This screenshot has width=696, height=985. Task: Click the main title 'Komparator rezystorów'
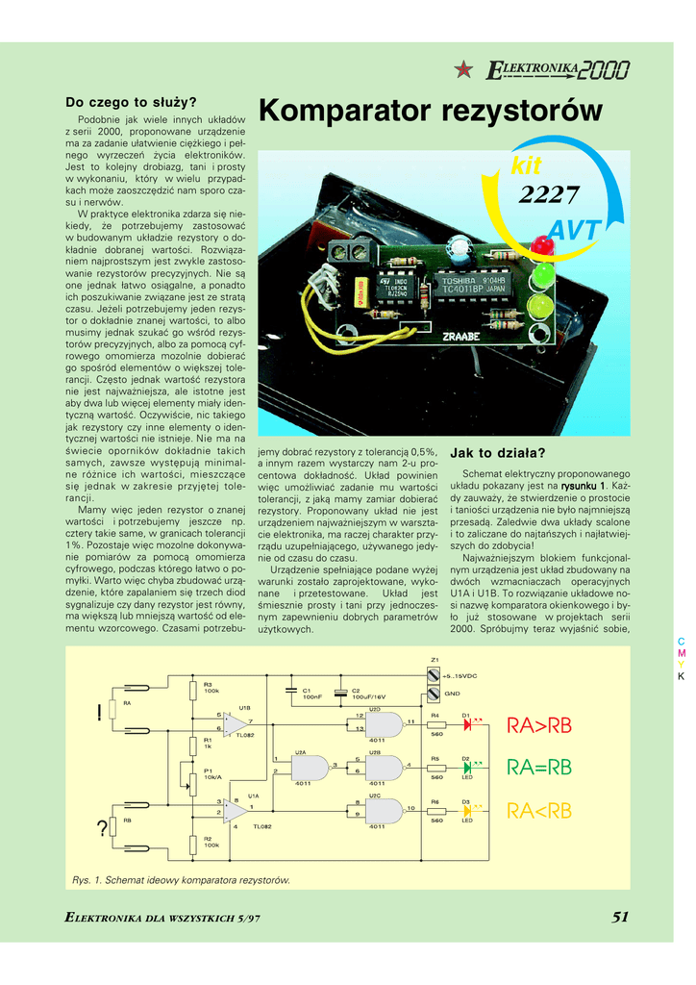431,112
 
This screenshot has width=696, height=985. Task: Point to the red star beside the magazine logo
464,68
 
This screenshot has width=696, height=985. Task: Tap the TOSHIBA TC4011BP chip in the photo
470,283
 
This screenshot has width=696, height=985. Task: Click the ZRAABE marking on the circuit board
462,337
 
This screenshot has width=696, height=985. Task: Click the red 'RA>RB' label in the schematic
538,726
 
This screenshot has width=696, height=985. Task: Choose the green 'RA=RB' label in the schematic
538,767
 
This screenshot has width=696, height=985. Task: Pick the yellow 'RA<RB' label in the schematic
538,812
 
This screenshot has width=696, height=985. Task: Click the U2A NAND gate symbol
309,767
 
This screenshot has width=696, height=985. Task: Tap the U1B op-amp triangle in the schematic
235,724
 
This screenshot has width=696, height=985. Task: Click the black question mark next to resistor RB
101,829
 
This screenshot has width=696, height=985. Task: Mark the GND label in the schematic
452,693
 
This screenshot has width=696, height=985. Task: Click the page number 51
620,917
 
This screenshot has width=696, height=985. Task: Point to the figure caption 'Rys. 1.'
87,879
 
